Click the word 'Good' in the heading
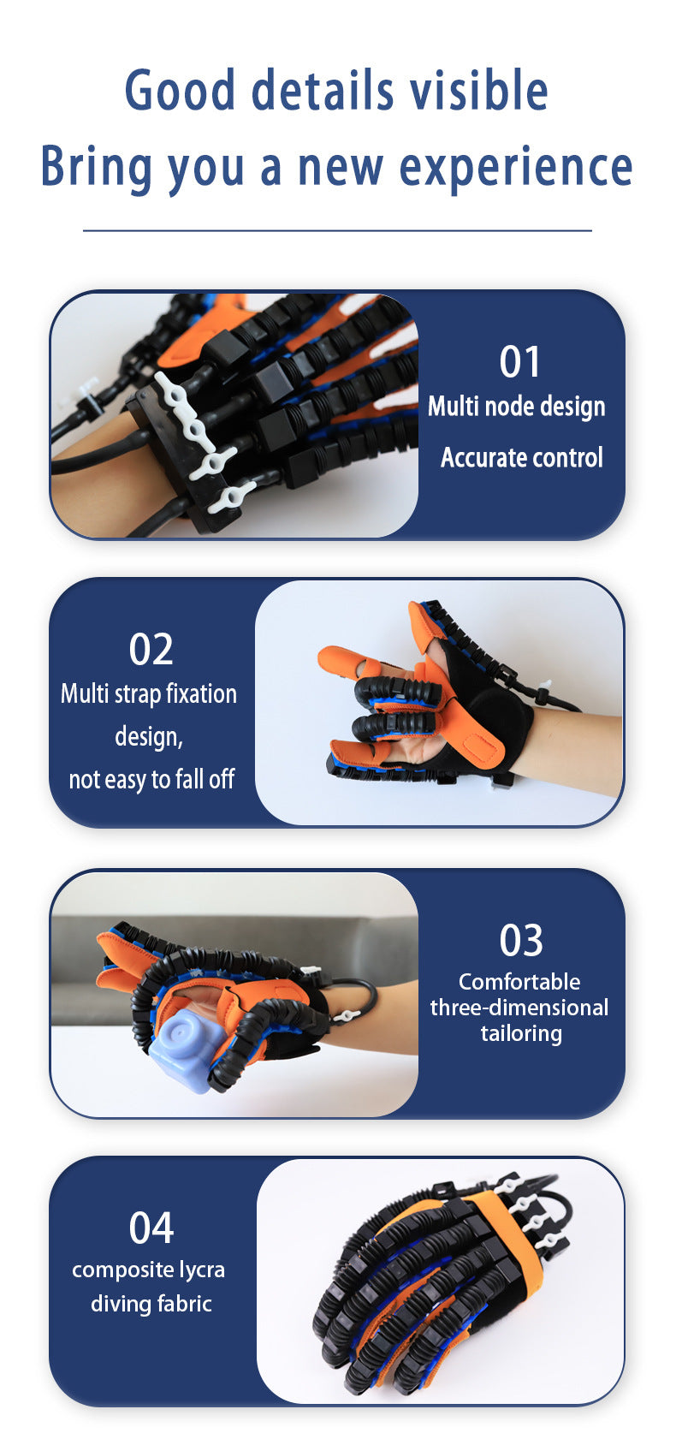180,91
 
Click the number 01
519,361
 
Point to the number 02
151,649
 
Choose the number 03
520,940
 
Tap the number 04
151,1228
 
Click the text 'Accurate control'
521,458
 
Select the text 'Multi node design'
516,407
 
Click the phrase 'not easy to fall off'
151,779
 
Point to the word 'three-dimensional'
519,1008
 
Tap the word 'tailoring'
520,1033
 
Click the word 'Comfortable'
519,982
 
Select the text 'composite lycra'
149,1270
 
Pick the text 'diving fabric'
151,1304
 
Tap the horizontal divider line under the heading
337,230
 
